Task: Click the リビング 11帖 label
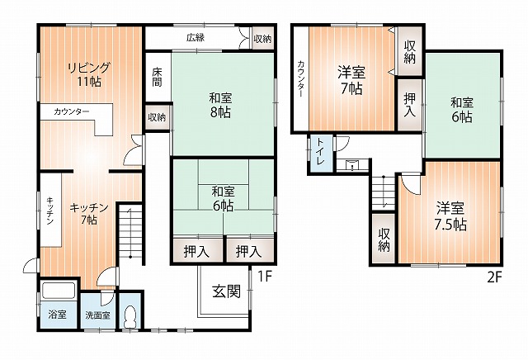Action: pyautogui.click(x=89, y=74)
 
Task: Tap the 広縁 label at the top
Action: pyautogui.click(x=196, y=38)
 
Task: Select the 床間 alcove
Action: pyautogui.click(x=158, y=77)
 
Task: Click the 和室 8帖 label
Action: pyautogui.click(x=220, y=106)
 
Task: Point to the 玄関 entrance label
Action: pyautogui.click(x=227, y=291)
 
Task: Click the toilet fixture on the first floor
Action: pyautogui.click(x=130, y=317)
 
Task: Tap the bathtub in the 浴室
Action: pyautogui.click(x=59, y=290)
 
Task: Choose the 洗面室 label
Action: pyautogui.click(x=97, y=316)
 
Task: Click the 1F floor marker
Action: pyautogui.click(x=265, y=277)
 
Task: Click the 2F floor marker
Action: pyautogui.click(x=495, y=277)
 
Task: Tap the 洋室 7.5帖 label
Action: pyautogui.click(x=450, y=216)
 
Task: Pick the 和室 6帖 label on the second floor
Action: pyautogui.click(x=462, y=110)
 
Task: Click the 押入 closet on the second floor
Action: pyautogui.click(x=409, y=105)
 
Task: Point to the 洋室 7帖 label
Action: pyautogui.click(x=351, y=80)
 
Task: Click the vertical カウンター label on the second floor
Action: pyautogui.click(x=301, y=79)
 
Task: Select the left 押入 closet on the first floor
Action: pyautogui.click(x=198, y=250)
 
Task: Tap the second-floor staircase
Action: pyautogui.click(x=383, y=192)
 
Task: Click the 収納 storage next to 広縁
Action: pyautogui.click(x=262, y=39)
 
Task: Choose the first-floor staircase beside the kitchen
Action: pyautogui.click(x=130, y=233)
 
